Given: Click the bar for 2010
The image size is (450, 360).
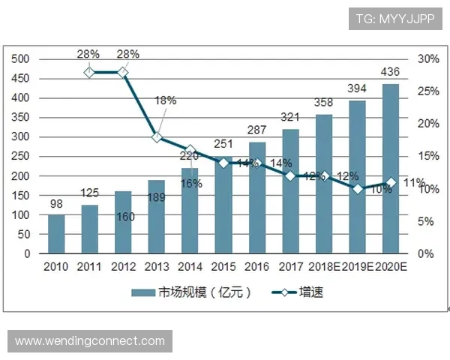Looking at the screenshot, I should pos(56,234).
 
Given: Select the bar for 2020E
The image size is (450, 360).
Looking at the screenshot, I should pos(391,169).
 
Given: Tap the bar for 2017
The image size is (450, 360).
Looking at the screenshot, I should pos(290,191).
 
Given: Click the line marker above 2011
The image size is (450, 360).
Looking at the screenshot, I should pos(89,72).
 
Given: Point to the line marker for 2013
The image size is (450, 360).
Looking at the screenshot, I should pos(156,137).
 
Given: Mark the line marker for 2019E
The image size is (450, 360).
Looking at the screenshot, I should pos(358,189).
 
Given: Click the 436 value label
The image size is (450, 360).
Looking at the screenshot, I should pos(391,72).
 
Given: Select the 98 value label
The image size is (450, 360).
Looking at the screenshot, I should pos(56,203).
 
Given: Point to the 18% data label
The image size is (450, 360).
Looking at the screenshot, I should pos(165,100).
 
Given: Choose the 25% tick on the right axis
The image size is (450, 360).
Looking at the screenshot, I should pos(427,91).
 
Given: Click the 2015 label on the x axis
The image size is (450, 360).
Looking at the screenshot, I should pos(223,267).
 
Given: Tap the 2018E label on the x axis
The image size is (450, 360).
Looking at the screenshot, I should pos(325,267).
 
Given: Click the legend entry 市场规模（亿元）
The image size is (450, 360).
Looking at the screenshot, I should pos(191,292).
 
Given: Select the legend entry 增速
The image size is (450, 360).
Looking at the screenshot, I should pos(293,292).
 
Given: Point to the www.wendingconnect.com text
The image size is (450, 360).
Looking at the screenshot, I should pos(90,341).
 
